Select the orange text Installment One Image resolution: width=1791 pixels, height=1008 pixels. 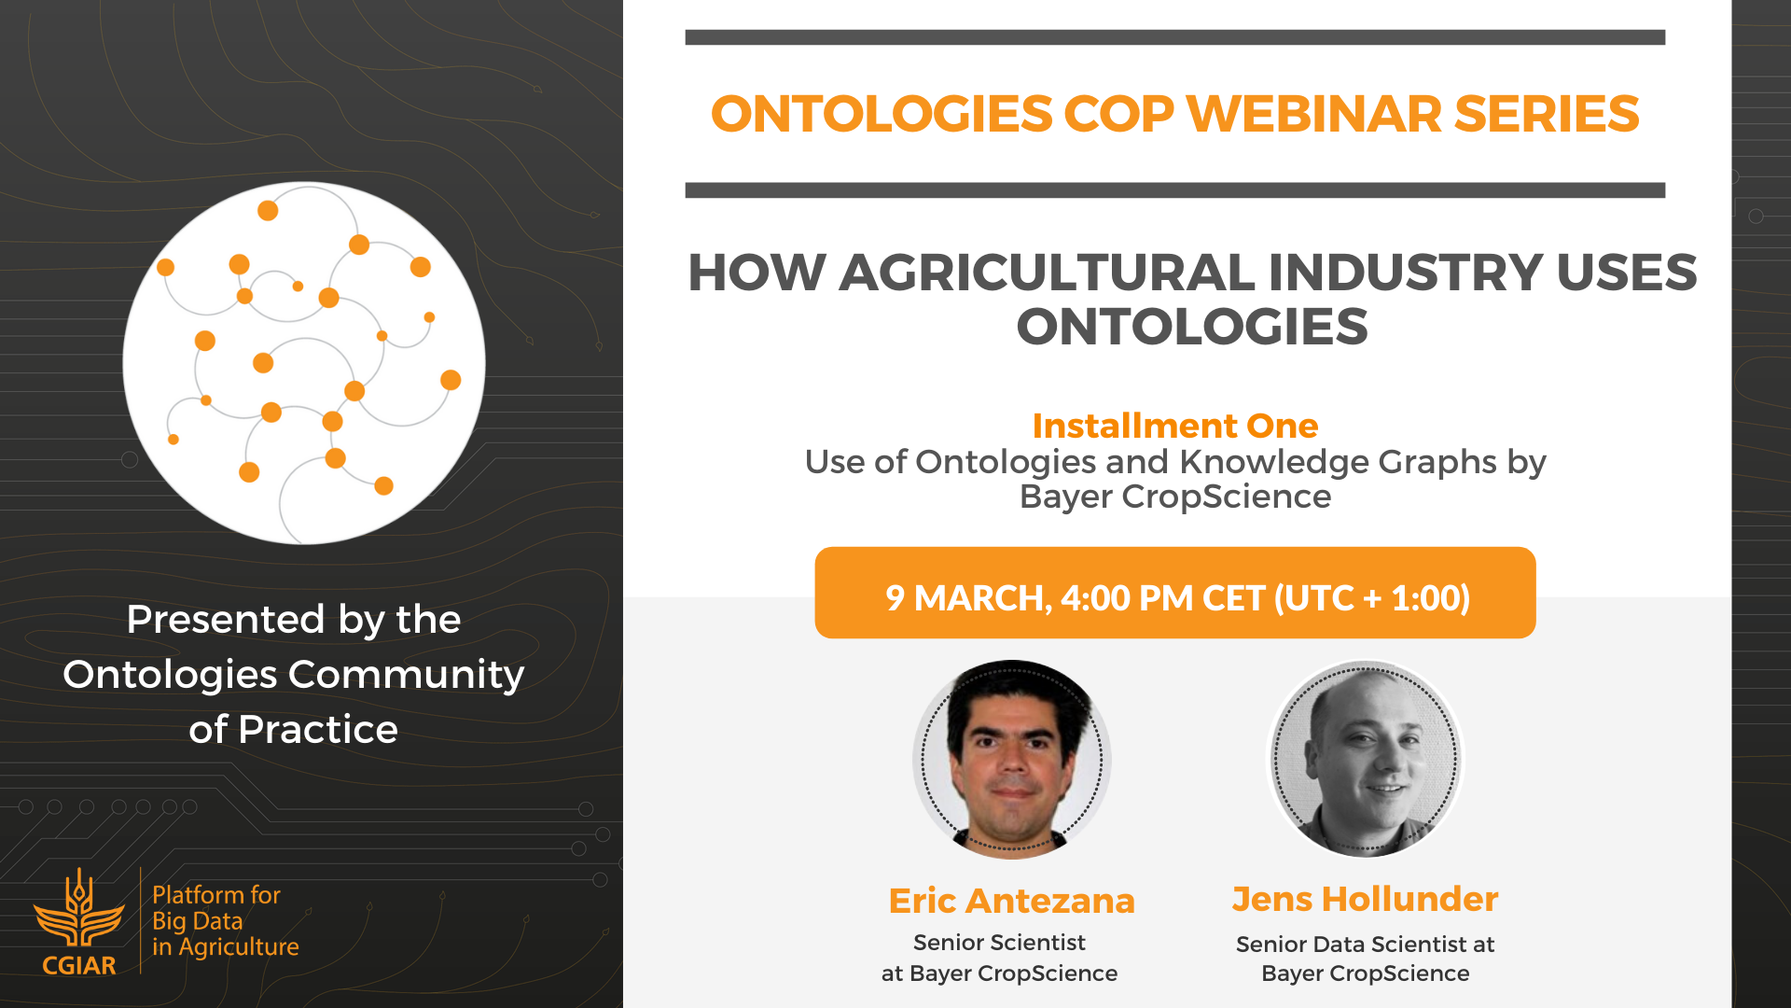tap(1175, 426)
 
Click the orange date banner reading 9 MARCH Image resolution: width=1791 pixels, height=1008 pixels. tap(1175, 593)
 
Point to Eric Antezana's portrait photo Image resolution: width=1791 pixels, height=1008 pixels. tap(1012, 759)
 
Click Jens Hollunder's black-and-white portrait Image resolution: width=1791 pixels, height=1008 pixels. tap(1366, 759)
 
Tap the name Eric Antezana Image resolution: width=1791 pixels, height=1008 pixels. tap(1012, 901)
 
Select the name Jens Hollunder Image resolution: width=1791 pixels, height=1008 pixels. tap(1366, 899)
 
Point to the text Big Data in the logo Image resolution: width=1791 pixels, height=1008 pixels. tap(198, 921)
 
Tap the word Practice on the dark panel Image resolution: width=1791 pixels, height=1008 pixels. tap(318, 729)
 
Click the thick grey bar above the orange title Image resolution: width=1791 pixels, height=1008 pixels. tap(1175, 37)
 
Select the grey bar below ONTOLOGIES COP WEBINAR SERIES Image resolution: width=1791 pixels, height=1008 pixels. tap(1175, 190)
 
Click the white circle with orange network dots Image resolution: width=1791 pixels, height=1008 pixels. tap(304, 363)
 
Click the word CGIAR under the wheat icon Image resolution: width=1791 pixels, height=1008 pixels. tap(79, 965)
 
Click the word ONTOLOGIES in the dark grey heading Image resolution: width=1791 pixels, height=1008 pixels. tap(1192, 327)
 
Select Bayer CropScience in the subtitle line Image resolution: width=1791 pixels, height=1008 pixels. tap(1175, 497)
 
